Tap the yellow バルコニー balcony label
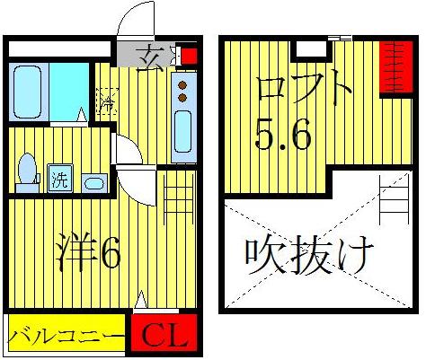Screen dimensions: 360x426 tap(67, 338)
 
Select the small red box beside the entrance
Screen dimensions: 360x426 tap(189, 56)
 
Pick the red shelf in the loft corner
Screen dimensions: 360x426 tap(392, 67)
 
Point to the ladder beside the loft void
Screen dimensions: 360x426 tap(393, 203)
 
